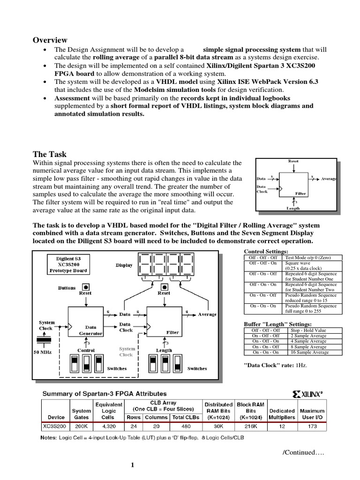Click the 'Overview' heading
50,40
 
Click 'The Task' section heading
49,154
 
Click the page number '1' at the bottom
133,465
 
